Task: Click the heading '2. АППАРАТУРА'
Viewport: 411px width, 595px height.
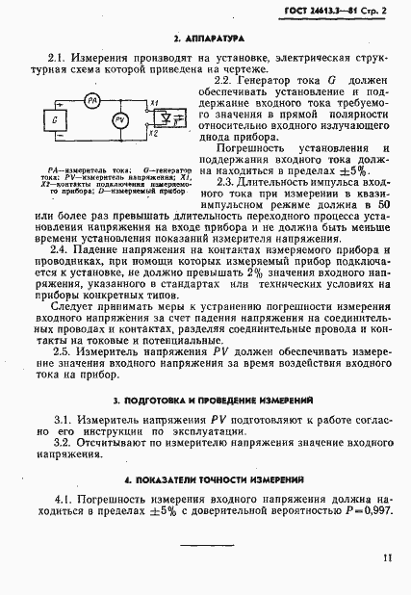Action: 204,40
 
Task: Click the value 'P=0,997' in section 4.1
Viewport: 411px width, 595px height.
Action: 368,514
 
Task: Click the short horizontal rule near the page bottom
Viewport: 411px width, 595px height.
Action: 205,546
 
